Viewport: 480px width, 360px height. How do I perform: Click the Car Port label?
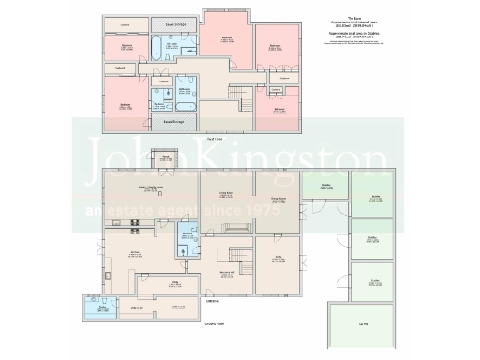click(364, 324)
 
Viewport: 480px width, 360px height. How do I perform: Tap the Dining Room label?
click(278, 200)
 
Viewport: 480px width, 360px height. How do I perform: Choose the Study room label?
click(278, 256)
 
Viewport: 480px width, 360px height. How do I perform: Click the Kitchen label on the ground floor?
click(135, 253)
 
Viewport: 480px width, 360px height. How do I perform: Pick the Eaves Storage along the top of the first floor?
click(174, 22)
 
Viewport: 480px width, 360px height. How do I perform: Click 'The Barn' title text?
click(352, 18)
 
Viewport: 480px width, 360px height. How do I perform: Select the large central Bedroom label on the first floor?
click(227, 38)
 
